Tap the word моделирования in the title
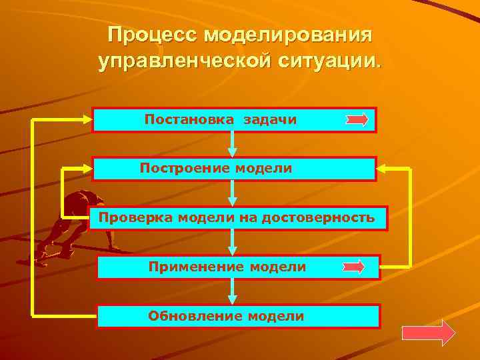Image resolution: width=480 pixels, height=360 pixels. pos(289,35)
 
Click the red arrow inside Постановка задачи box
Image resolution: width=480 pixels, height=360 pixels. pos(357,120)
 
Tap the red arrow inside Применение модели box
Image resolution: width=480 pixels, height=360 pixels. pos(353,267)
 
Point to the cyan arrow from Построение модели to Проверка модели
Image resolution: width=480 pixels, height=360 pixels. pos(233,193)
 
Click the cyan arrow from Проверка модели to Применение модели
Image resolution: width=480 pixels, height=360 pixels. pos(233,242)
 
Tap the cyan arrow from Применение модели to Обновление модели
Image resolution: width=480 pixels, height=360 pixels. pos(233,291)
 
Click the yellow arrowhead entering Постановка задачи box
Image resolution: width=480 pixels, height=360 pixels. pos(86,120)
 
